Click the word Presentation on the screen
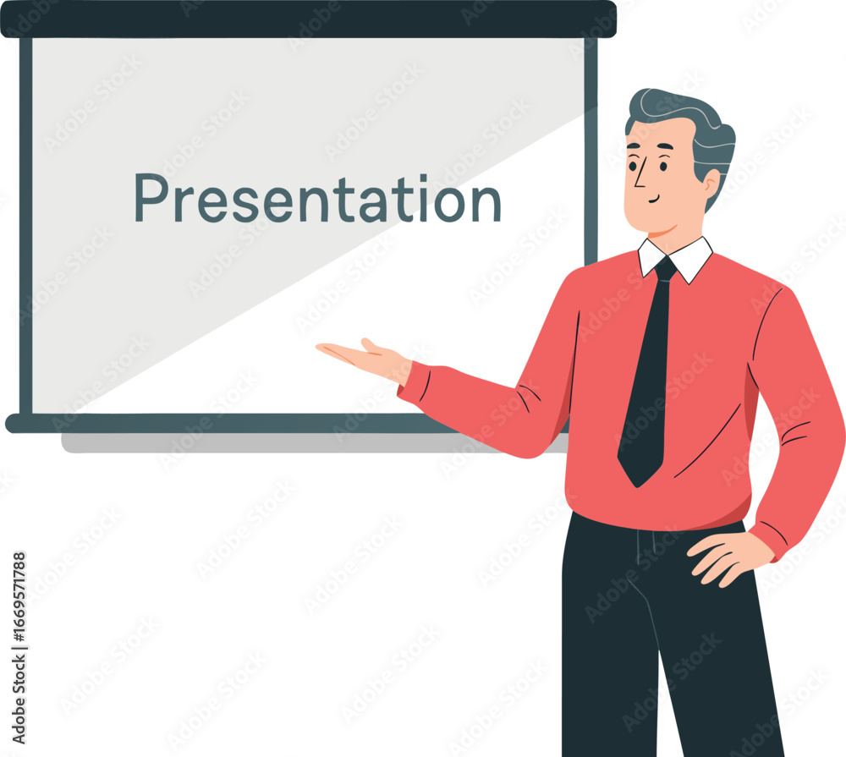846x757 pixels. tap(318, 198)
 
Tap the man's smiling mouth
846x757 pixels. tap(655, 200)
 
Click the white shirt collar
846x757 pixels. tap(675, 259)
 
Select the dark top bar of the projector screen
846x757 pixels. tap(308, 19)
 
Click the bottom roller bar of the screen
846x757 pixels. tap(232, 424)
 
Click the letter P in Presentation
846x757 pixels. tap(149, 197)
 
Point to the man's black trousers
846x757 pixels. tap(669, 637)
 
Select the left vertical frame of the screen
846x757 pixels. tap(26, 226)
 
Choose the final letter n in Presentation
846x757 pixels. tap(486, 204)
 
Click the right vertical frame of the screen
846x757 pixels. tap(591, 151)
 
